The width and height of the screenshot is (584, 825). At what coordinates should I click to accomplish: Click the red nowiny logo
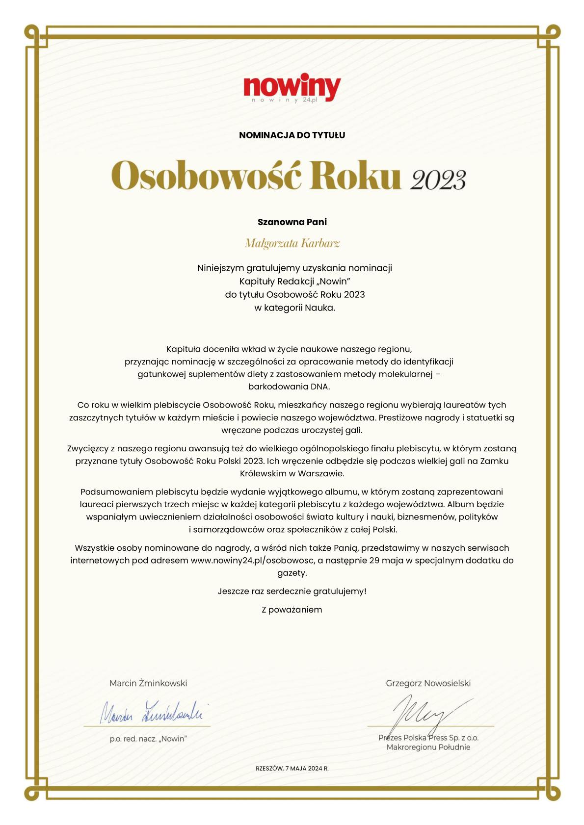coord(292,87)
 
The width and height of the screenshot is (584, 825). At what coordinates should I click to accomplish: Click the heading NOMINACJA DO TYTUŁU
coord(292,135)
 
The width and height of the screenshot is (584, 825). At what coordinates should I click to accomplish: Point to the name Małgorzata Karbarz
coord(292,243)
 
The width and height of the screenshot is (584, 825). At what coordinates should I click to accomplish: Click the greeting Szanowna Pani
coord(292,222)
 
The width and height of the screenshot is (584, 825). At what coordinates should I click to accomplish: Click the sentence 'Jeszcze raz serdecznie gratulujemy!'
coord(292,591)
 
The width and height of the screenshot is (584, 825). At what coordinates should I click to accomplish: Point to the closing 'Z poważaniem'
coord(292,610)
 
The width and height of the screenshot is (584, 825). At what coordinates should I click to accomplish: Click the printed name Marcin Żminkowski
coord(148,683)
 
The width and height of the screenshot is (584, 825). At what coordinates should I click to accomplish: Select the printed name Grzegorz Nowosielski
coord(428,683)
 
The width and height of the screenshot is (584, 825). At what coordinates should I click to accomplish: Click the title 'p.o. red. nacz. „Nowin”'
coord(148,739)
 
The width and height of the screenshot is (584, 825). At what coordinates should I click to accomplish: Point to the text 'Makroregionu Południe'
coord(428,748)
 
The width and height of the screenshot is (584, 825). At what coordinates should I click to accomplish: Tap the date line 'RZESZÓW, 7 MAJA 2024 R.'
coord(292,769)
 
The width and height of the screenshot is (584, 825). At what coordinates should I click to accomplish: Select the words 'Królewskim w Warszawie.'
coord(292,474)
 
